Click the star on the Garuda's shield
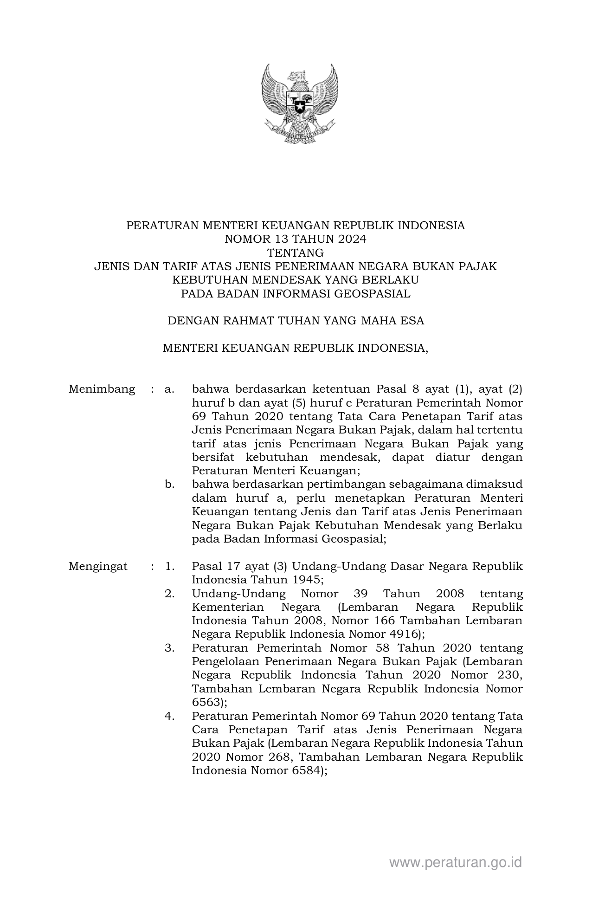(299, 108)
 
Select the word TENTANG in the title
(296, 253)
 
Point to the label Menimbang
(102, 389)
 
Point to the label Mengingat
(98, 567)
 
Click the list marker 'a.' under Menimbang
(169, 389)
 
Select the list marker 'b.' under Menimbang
(169, 485)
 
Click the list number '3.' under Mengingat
(169, 648)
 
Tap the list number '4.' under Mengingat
(169, 716)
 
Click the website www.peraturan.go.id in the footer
(456, 862)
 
